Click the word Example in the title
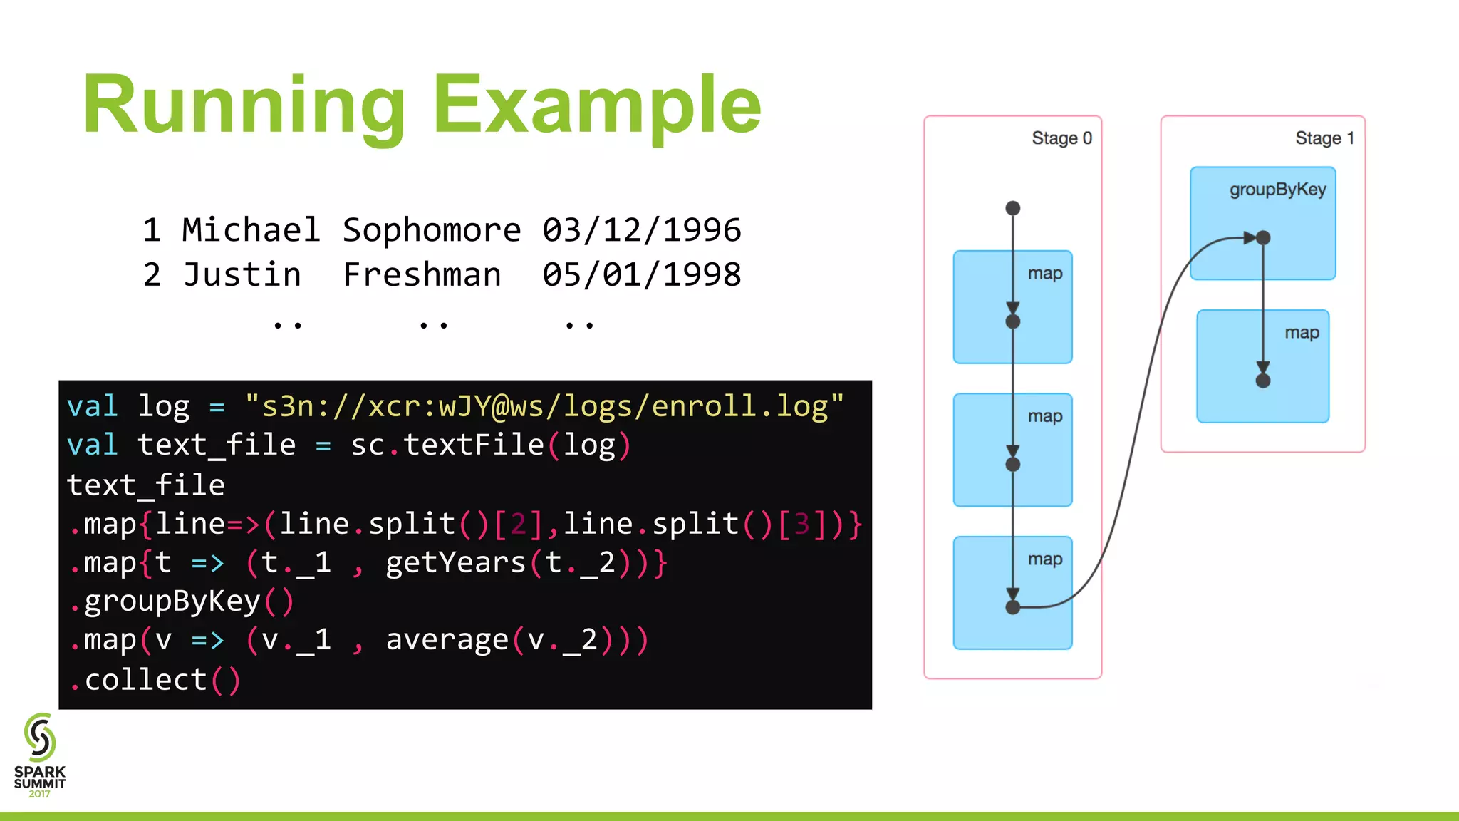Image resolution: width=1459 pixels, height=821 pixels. coord(597,105)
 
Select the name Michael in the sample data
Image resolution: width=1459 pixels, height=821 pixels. coord(251,230)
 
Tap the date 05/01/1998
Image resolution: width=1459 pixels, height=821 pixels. coord(641,275)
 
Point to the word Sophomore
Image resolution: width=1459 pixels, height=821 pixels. coord(432,230)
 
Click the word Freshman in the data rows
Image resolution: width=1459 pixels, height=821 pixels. coord(422,275)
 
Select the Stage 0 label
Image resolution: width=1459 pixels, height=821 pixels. coord(1061,138)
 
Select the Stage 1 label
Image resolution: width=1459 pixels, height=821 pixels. coord(1324,138)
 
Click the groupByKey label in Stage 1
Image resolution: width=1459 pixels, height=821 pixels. coord(1277,190)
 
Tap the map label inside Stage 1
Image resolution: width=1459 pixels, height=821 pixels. coord(1302,333)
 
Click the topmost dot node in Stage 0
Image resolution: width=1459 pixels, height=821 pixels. coord(1012,208)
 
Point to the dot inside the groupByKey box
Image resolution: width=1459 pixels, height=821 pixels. coord(1263,238)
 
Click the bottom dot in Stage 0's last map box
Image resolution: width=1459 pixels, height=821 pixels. coord(1012,607)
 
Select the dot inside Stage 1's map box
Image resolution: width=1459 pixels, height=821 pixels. coord(1263,381)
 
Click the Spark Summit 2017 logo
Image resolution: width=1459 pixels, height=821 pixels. coord(40,755)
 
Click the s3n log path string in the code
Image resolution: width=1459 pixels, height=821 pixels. coord(544,406)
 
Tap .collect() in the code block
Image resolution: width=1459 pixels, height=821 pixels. coord(155,680)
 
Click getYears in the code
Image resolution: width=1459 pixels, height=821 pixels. coord(455,563)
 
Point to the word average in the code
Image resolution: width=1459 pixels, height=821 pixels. coord(447,640)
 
